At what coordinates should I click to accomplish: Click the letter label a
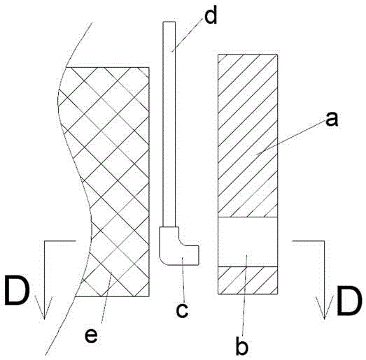(332, 119)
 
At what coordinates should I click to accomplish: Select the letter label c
(182, 310)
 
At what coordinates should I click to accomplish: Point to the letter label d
(211, 15)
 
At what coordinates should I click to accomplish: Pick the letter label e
(91, 336)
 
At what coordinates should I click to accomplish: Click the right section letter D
(349, 301)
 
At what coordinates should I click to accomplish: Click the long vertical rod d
(169, 124)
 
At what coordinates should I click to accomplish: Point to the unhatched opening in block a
(248, 242)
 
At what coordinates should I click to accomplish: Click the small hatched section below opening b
(248, 280)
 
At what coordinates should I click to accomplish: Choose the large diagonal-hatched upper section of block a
(248, 136)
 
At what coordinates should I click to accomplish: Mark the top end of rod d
(169, 22)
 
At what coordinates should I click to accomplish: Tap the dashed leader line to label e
(106, 298)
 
